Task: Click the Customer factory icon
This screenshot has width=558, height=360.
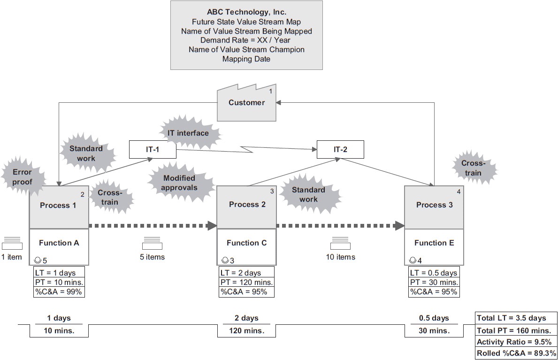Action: click(246, 102)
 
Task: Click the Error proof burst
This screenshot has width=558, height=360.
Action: click(23, 177)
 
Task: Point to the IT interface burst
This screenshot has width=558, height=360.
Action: click(188, 133)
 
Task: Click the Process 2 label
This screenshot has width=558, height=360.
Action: click(247, 205)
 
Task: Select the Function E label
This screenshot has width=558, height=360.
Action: click(434, 243)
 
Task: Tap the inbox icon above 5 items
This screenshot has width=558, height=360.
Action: click(153, 243)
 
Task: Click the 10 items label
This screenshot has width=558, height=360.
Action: click(341, 257)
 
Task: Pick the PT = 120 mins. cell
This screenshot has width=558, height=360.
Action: click(246, 282)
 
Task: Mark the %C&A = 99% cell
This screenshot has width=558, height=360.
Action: click(59, 292)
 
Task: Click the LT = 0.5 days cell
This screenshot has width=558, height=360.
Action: click(434, 273)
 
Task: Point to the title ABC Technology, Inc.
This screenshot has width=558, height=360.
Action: click(246, 12)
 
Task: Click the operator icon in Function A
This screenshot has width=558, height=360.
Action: click(38, 260)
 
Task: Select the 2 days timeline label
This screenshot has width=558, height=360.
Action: click(246, 318)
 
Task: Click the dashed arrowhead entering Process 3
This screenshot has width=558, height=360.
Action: click(399, 226)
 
